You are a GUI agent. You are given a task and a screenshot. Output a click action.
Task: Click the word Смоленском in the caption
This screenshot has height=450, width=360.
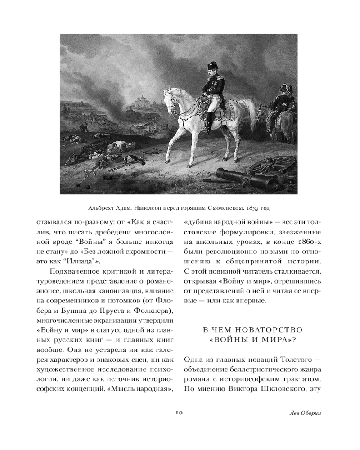(219, 207)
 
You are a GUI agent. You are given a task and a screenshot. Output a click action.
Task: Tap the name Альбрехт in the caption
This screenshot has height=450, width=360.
(102, 207)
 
